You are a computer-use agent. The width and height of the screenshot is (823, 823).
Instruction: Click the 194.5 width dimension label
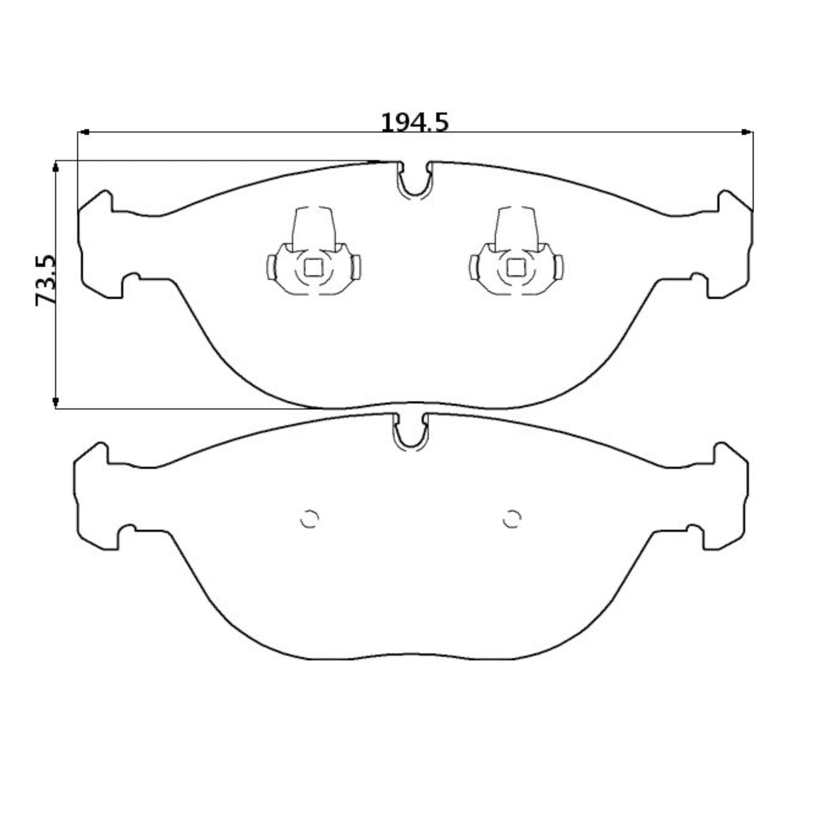pyautogui.click(x=415, y=122)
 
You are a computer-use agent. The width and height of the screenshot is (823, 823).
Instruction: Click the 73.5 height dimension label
pyautogui.click(x=46, y=280)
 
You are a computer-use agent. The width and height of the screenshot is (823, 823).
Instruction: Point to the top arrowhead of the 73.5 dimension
pyautogui.click(x=56, y=165)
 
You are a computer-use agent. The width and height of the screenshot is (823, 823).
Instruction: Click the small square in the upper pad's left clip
pyautogui.click(x=313, y=267)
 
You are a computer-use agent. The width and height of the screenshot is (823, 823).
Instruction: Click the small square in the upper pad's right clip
pyautogui.click(x=515, y=267)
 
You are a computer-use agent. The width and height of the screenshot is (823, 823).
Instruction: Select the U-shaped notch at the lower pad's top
pyautogui.click(x=410, y=443)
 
